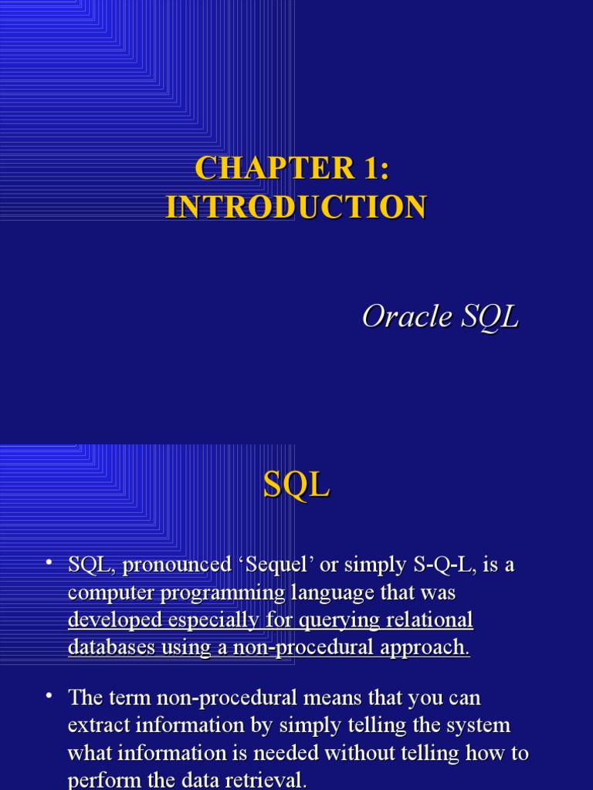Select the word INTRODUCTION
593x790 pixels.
296,207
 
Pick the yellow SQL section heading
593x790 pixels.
296,485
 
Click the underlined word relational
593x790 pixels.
433,620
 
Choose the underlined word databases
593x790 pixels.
111,647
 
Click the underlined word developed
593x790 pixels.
115,620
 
